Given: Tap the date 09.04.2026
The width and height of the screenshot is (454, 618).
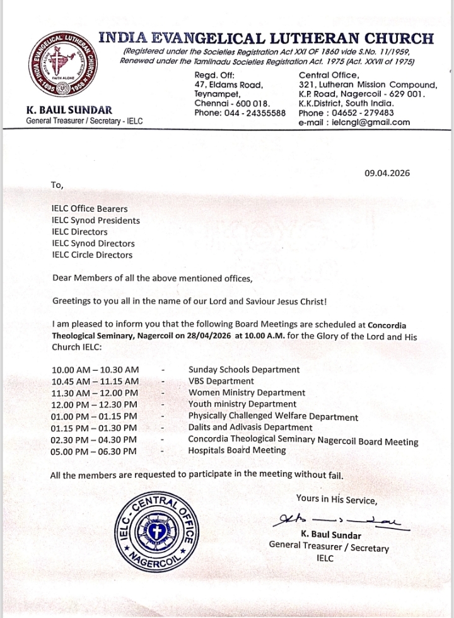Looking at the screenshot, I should tap(387, 173).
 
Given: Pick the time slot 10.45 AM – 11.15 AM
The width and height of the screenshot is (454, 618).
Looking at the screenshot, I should tap(95, 381).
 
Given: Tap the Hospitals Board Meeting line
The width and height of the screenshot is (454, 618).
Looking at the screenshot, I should tap(237, 450).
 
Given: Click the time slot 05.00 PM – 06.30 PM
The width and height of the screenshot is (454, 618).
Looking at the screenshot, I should tap(93, 451).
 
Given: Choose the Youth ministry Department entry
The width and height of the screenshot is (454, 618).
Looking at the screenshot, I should tap(242, 404).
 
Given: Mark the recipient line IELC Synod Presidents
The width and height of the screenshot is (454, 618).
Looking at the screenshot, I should tap(96, 221).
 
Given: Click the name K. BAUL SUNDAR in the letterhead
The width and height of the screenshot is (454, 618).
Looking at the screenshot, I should tap(69, 110).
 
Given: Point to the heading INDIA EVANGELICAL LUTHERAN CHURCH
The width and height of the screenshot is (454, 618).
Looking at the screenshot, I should tap(267, 38).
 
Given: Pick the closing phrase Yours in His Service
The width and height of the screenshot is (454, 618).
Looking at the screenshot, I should tap(337, 499).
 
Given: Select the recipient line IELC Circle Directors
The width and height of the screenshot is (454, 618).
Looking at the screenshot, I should tap(92, 255).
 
